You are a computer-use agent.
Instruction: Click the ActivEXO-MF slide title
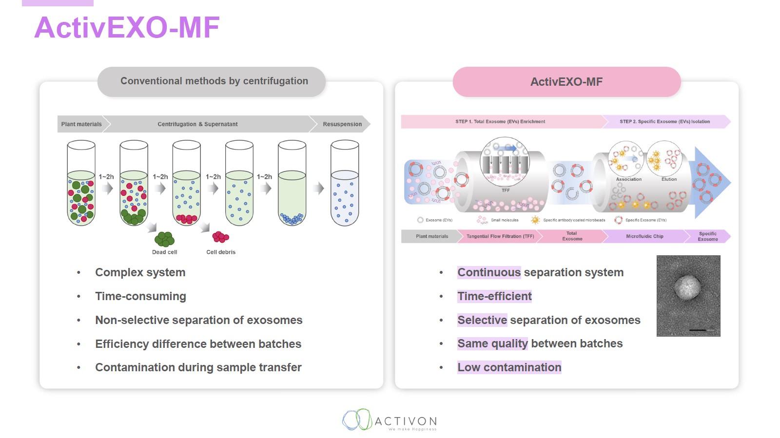(x=127, y=27)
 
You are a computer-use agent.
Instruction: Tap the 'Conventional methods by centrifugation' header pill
(x=214, y=81)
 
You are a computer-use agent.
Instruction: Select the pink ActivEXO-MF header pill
(x=566, y=82)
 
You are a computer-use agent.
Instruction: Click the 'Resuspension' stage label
(x=342, y=124)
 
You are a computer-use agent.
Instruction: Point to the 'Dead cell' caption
(x=164, y=252)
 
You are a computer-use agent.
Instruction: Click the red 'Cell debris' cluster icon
(x=220, y=237)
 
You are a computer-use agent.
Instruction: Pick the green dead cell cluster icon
(x=164, y=239)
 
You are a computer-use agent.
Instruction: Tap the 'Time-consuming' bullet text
(x=140, y=296)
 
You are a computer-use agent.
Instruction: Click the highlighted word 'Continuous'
(x=489, y=272)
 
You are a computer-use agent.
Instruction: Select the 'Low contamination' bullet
(x=509, y=367)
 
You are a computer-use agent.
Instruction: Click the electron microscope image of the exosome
(x=688, y=295)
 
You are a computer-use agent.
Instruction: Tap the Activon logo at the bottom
(x=390, y=420)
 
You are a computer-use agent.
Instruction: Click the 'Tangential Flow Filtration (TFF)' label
(x=500, y=236)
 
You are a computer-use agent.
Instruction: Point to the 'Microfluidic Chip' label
(x=644, y=236)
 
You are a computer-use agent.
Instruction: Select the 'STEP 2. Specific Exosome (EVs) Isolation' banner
(x=664, y=122)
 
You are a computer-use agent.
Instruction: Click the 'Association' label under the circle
(x=628, y=179)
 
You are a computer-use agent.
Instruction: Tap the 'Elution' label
(x=669, y=179)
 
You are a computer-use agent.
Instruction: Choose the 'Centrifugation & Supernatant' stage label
(x=197, y=124)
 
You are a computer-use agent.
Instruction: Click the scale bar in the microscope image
(x=698, y=330)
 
